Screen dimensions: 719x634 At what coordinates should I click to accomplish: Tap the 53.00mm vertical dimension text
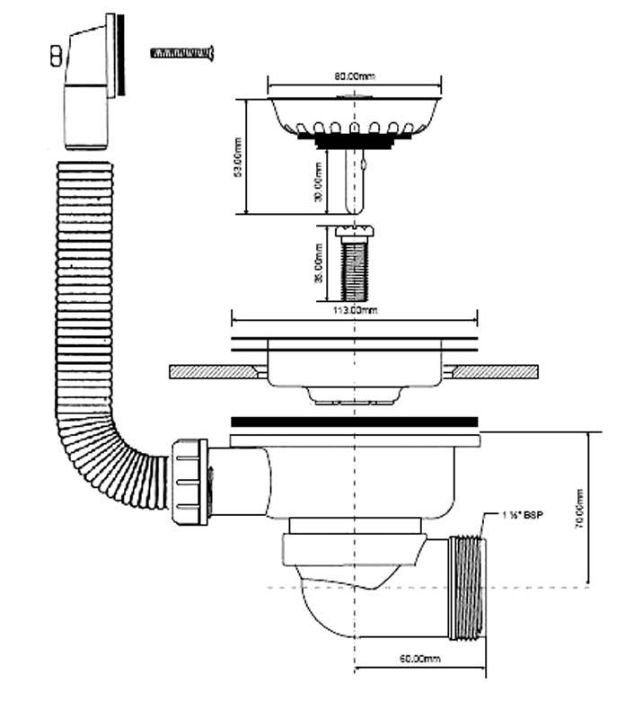[238, 159]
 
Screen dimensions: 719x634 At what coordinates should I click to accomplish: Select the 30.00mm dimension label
[319, 182]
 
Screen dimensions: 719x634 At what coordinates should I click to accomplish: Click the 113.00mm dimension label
[354, 310]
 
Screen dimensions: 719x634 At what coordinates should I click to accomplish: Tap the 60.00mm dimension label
[421, 660]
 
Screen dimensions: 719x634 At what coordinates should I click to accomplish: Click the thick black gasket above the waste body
[356, 421]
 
